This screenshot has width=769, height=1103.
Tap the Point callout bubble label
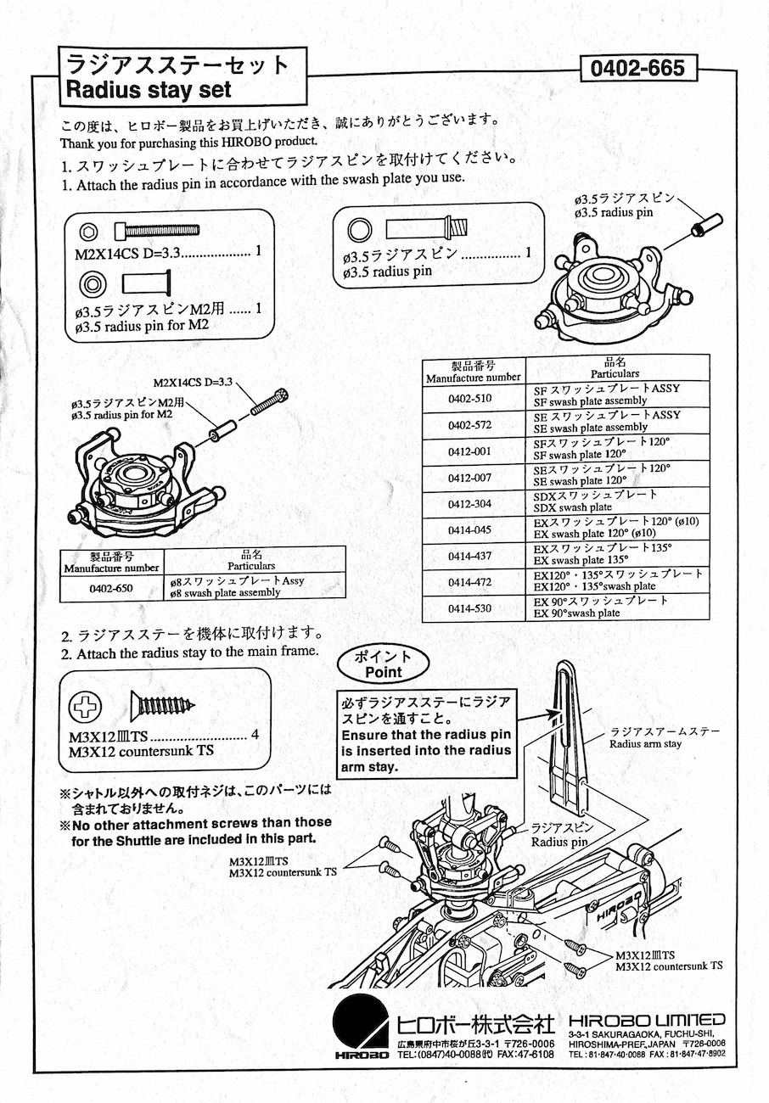click(x=383, y=664)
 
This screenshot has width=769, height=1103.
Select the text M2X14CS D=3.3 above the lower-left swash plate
click(x=193, y=383)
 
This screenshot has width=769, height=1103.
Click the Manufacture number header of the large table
click(x=474, y=372)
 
